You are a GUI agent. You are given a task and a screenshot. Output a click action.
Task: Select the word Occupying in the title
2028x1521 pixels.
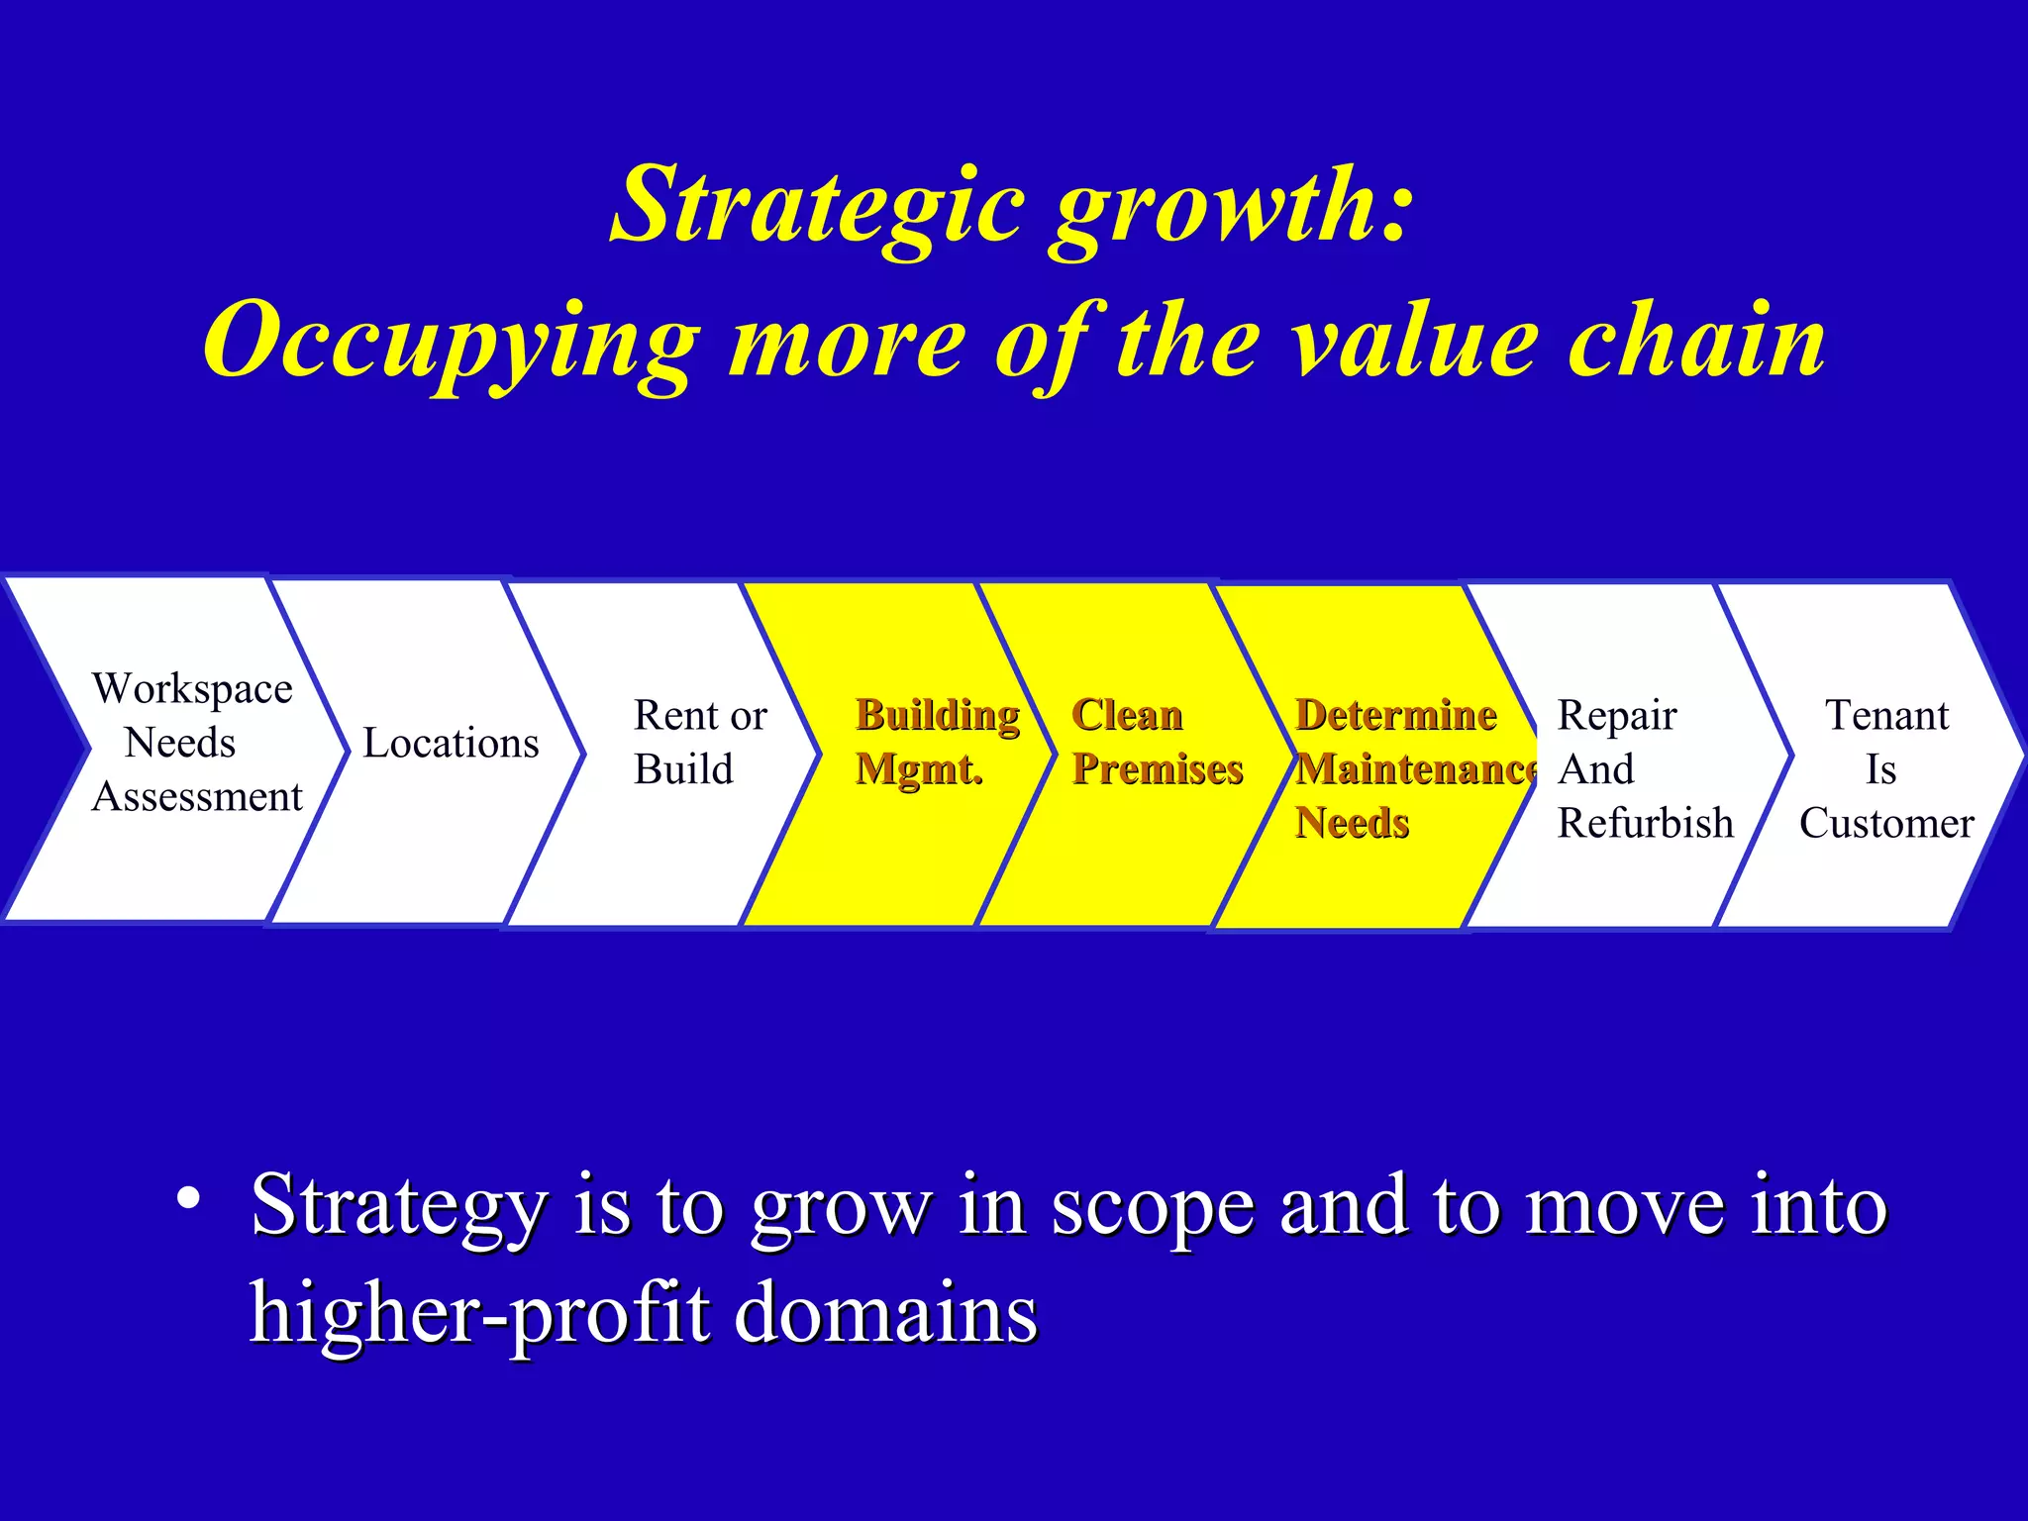pos(451,342)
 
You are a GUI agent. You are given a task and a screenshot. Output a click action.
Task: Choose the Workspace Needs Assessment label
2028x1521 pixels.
pos(193,742)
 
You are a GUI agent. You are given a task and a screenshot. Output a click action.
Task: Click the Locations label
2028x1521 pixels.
pos(451,743)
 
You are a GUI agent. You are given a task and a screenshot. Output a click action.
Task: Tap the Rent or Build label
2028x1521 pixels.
pos(699,742)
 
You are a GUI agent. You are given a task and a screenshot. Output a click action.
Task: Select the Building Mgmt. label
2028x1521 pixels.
pos(936,742)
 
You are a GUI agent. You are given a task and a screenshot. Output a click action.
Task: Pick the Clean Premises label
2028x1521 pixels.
pos(1156,742)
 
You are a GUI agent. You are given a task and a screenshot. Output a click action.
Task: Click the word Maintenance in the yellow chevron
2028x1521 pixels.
pos(1415,769)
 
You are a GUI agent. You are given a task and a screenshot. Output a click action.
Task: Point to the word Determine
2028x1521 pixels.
pos(1395,715)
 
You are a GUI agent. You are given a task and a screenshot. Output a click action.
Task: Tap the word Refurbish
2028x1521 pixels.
pos(1645,823)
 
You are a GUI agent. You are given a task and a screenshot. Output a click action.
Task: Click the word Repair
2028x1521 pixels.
pos(1616,715)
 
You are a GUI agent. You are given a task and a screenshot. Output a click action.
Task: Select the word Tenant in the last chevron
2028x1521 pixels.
pos(1886,715)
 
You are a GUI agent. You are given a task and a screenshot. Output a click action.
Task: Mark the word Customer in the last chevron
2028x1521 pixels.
pos(1886,823)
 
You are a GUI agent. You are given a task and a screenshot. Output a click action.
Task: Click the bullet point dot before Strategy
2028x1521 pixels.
pos(188,1199)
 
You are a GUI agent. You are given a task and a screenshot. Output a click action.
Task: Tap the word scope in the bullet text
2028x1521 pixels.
pos(1152,1207)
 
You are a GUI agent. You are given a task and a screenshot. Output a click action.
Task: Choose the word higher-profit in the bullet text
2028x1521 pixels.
pos(479,1314)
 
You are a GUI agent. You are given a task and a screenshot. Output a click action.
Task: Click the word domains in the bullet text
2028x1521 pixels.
pos(886,1314)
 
